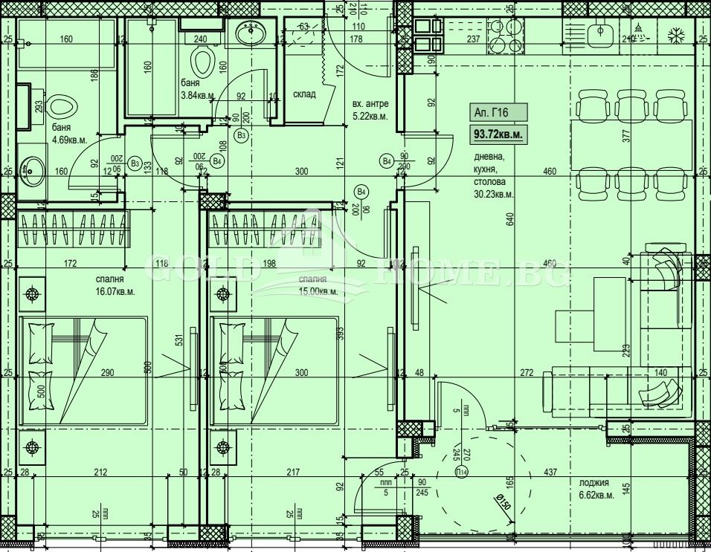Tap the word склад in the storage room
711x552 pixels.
(304, 94)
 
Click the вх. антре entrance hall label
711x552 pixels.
(370, 104)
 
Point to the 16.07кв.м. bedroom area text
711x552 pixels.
(115, 291)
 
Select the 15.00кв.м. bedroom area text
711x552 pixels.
(318, 291)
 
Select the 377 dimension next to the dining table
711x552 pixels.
(625, 135)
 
